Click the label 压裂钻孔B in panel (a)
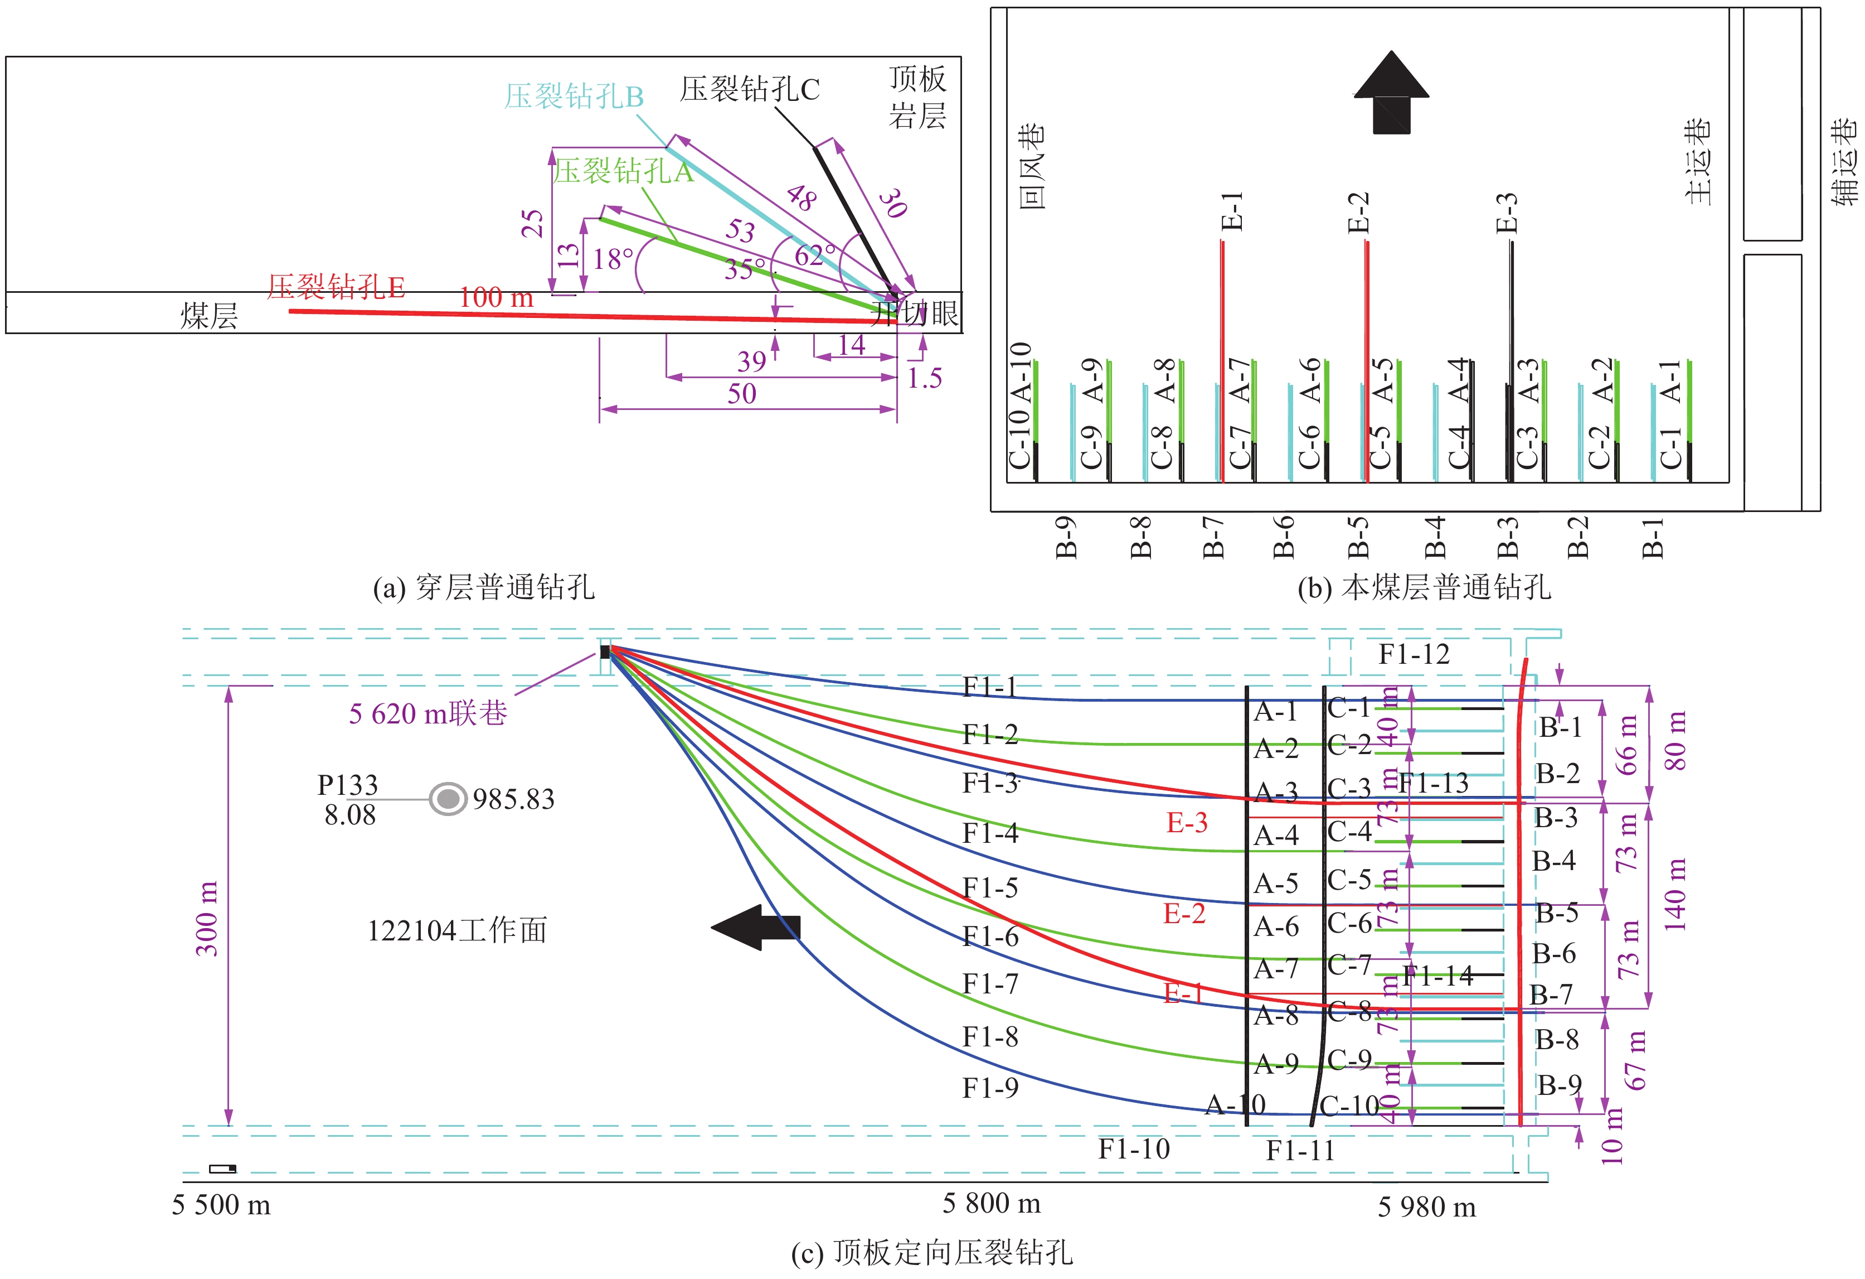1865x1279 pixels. [574, 96]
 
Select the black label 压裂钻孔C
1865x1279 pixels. [750, 89]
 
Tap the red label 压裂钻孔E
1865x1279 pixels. [336, 287]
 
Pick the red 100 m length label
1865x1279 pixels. [496, 298]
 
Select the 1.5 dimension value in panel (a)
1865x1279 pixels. [925, 378]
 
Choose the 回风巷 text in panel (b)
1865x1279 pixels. [1032, 166]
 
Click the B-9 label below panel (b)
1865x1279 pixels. [1066, 537]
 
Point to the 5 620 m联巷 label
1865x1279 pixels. [428, 713]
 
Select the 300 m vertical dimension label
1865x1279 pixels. [207, 918]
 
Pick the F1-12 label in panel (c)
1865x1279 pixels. [1414, 654]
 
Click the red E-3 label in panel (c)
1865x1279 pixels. [1187, 822]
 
